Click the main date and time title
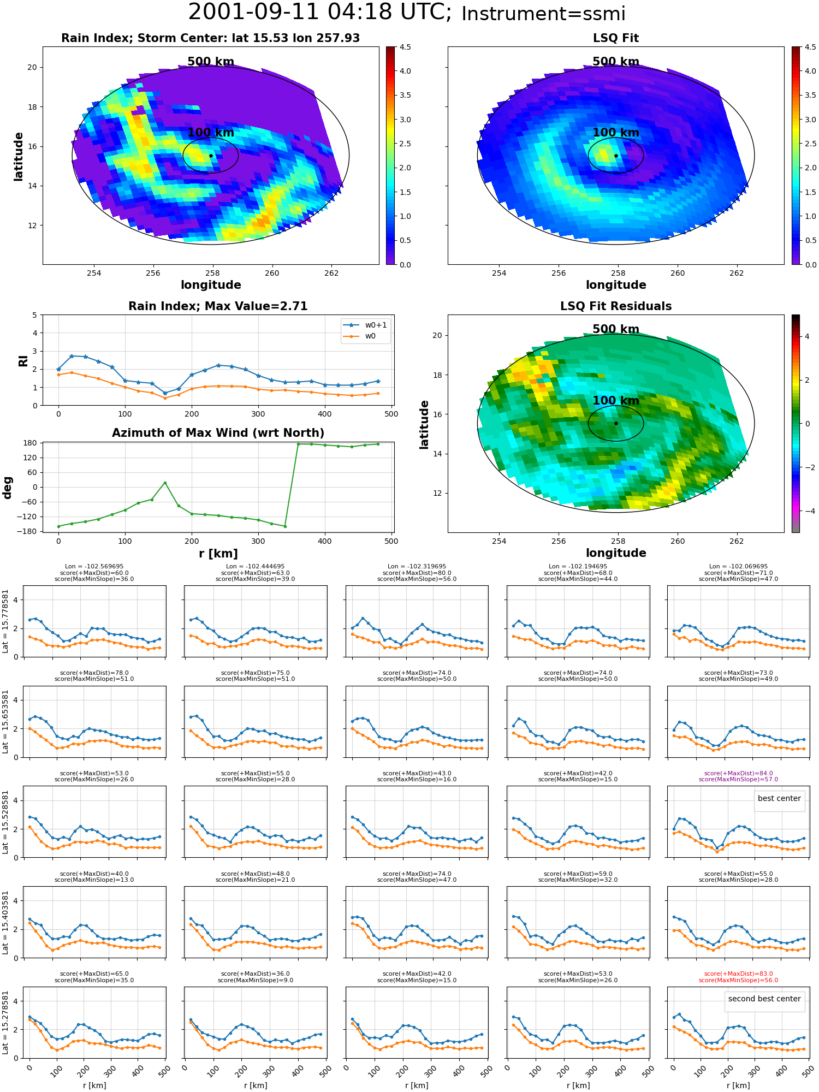pos(407,13)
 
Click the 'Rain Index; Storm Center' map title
pos(210,38)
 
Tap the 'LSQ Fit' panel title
pos(616,38)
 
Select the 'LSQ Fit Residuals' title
pos(616,306)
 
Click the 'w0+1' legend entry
pos(365,325)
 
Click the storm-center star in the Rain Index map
pos(211,156)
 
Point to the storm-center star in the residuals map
pos(616,423)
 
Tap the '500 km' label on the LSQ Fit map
pos(616,62)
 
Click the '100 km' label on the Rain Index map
pos(211,133)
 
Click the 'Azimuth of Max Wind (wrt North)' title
pos(218,433)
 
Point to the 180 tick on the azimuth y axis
pos(31,443)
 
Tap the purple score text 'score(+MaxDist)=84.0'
pos(738,773)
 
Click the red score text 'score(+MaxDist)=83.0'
pos(738,974)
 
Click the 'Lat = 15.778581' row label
pos(5,621)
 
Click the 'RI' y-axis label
pos(23,361)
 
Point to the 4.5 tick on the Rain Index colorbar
pos(405,47)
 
